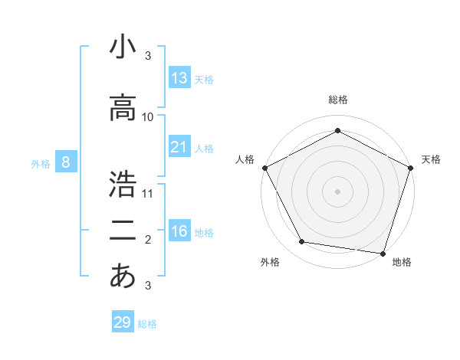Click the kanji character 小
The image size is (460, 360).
(x=123, y=47)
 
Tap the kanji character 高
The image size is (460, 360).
(x=123, y=108)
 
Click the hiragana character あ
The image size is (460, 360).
(x=123, y=276)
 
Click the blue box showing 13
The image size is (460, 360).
(x=179, y=78)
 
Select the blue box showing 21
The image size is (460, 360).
(x=179, y=147)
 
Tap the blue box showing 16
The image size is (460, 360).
(x=179, y=231)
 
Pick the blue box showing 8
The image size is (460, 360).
(x=67, y=162)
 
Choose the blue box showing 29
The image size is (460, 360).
(x=123, y=322)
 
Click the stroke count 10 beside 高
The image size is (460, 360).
(x=148, y=117)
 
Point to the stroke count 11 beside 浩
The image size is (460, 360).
(x=148, y=193)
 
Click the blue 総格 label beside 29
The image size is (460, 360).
(x=147, y=324)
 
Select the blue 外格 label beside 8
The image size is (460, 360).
(x=41, y=164)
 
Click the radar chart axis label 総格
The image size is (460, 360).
(x=337, y=100)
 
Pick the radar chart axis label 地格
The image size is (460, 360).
(x=402, y=263)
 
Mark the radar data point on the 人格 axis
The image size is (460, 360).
(x=264, y=168)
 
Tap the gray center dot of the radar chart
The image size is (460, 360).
(x=337, y=191)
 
